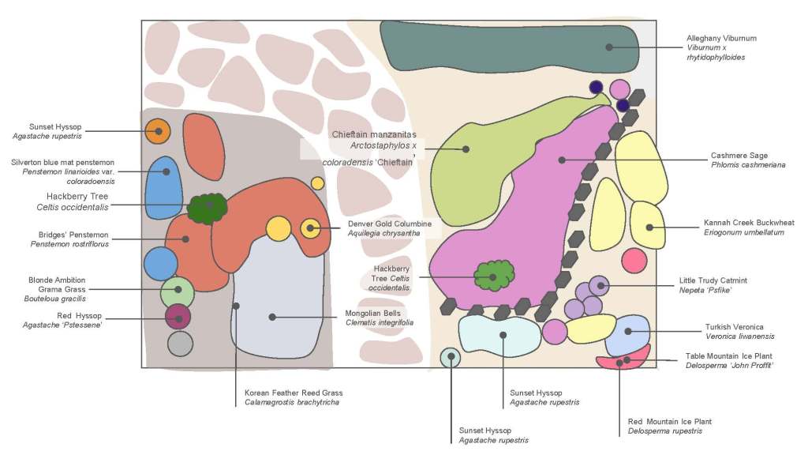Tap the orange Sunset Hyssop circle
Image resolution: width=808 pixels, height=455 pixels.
point(158,131)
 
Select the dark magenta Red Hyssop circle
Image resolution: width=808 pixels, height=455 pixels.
point(178,317)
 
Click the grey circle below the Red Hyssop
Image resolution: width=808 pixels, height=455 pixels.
point(180,344)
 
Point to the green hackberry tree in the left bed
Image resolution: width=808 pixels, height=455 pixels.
point(208,207)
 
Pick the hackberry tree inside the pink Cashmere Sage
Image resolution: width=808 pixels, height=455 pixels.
point(493,276)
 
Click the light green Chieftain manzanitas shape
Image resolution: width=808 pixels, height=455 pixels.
point(473,158)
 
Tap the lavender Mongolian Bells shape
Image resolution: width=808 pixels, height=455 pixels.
point(280,316)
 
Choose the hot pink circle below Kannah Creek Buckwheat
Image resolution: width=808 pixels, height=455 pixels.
point(634,260)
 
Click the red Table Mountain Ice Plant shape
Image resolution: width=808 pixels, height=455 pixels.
point(623,361)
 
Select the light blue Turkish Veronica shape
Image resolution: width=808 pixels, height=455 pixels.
point(628,333)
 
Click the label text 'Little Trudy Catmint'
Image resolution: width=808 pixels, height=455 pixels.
point(713,280)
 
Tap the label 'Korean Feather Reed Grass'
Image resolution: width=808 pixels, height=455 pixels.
point(294,393)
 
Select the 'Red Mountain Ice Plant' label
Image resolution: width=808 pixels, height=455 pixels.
point(669,422)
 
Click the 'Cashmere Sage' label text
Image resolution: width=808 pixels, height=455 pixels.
point(739,156)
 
